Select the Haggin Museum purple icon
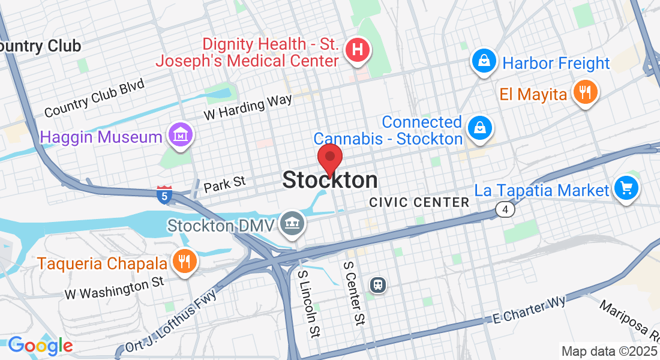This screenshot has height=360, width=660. [x=181, y=135]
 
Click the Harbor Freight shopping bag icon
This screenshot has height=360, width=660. [x=483, y=61]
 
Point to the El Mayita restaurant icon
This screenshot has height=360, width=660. [x=584, y=92]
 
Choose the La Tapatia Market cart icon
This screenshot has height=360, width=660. [x=626, y=189]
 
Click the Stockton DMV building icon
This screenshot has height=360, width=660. [x=293, y=224]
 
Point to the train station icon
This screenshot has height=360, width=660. [x=377, y=284]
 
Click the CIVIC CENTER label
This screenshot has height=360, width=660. [x=419, y=202]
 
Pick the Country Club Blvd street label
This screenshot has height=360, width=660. [x=94, y=98]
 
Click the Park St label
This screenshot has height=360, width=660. [x=224, y=185]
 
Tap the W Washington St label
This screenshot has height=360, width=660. [x=115, y=287]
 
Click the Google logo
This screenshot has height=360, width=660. [x=40, y=345]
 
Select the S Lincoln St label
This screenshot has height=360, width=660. [x=308, y=303]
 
